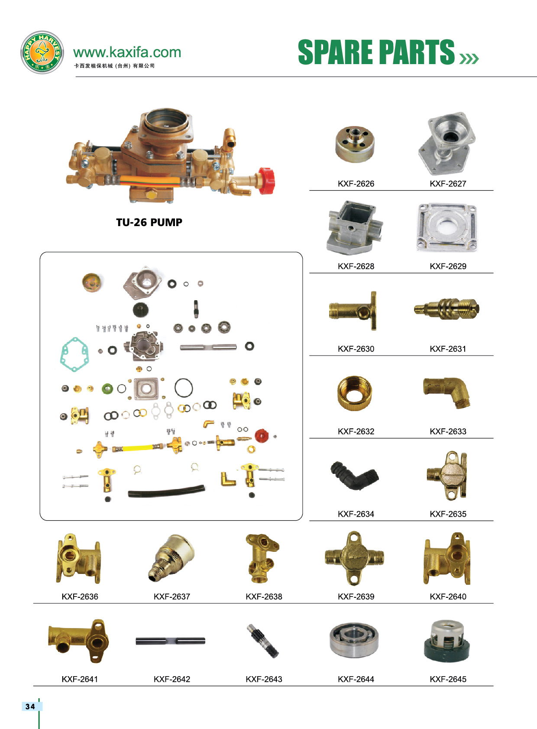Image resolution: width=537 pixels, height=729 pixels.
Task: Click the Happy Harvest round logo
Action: point(42,52)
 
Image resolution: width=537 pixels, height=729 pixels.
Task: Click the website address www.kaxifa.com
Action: point(127,52)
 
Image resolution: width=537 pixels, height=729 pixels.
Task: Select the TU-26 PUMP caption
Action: point(149,222)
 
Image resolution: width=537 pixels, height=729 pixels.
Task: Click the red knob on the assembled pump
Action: point(266,181)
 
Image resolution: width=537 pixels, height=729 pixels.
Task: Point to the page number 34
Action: point(30,706)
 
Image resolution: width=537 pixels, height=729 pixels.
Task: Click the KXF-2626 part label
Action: point(356,184)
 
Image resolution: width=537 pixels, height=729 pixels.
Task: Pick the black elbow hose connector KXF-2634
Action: point(354,475)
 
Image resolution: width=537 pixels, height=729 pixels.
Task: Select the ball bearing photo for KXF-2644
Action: point(354,641)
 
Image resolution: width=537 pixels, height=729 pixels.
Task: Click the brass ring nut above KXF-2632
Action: point(354,393)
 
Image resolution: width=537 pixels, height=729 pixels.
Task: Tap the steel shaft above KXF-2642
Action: point(170,641)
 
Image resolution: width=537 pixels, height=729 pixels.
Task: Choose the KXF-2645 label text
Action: point(448,679)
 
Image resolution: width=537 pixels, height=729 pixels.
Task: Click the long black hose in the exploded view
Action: point(166,492)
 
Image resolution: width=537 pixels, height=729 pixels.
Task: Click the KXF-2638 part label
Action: point(264,596)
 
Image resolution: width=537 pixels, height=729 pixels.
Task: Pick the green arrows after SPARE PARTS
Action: point(469,58)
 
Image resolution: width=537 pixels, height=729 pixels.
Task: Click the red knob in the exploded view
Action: point(261,436)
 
